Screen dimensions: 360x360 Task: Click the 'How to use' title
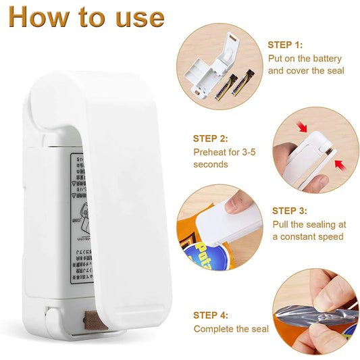(x=86, y=18)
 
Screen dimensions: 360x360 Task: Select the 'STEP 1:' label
(x=285, y=45)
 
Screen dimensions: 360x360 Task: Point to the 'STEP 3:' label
(x=290, y=211)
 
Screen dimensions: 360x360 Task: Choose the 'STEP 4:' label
(x=211, y=315)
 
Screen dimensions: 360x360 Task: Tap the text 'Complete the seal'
(x=231, y=329)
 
